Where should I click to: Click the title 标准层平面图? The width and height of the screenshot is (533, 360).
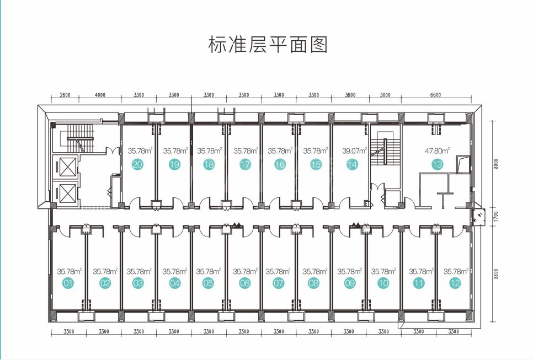tap(268, 45)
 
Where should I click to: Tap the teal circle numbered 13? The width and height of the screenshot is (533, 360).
tap(437, 165)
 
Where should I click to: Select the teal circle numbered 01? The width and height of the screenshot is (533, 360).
tap(68, 283)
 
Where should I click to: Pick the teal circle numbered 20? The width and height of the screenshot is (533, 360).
tap(137, 165)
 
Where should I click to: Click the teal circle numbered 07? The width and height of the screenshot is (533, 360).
tap(279, 283)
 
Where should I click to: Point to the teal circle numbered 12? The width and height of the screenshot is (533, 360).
tap(455, 283)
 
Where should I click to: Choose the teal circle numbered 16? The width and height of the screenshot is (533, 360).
tap(280, 165)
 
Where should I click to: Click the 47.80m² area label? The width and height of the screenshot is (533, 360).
tap(437, 151)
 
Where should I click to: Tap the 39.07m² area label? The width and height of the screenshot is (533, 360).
tap(355, 151)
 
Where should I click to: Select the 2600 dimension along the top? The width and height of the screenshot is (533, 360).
tap(65, 95)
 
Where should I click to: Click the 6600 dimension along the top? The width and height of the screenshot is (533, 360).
tap(435, 95)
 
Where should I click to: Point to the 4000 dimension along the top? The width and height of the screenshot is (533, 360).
tap(100, 95)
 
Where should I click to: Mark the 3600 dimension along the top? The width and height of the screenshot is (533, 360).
tap(350, 95)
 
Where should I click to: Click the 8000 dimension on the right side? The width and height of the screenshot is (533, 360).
tap(496, 164)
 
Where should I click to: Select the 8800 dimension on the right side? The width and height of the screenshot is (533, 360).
tap(496, 274)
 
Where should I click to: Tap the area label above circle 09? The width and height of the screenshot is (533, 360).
tap(350, 271)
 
